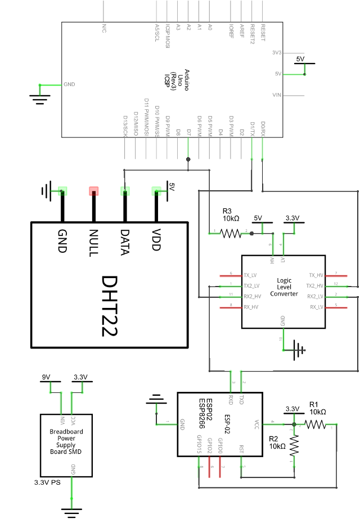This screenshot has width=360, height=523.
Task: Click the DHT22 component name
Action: (x=111, y=306)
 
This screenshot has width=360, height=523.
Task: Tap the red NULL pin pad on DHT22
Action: (x=93, y=191)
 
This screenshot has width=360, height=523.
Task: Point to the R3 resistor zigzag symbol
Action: (x=231, y=233)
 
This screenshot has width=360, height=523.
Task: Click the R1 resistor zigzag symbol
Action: (x=315, y=424)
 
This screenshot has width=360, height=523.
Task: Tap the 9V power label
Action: (x=46, y=377)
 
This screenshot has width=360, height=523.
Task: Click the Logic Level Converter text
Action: (x=284, y=287)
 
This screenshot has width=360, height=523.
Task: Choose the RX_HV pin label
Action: (x=251, y=307)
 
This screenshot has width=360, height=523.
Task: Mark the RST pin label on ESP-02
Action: (x=241, y=449)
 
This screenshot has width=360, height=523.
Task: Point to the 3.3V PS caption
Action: (x=47, y=482)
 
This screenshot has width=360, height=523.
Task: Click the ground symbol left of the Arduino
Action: (x=39, y=99)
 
